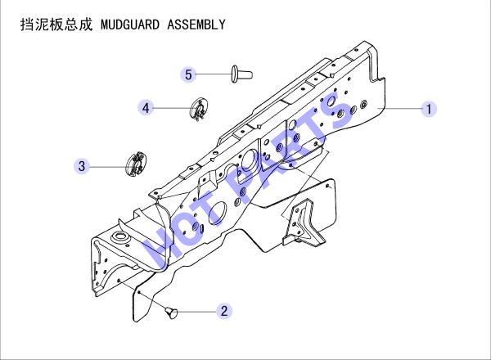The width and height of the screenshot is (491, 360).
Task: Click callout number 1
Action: point(429,109)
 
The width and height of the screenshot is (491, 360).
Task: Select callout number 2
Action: point(224,311)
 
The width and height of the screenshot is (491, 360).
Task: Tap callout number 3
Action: point(82,166)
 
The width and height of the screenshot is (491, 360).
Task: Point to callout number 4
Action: point(146,108)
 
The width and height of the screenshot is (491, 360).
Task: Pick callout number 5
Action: point(188,74)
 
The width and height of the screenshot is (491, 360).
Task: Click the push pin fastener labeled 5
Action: point(241,74)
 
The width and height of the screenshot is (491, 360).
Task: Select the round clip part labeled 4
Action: point(199,110)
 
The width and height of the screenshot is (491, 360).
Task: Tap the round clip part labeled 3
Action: point(136,164)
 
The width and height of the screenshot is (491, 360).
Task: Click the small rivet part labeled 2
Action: point(171,313)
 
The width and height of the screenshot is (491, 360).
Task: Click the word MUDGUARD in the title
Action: point(130,25)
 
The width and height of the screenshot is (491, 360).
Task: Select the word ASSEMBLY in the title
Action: point(196,25)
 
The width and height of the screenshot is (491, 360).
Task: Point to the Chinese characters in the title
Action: point(56,25)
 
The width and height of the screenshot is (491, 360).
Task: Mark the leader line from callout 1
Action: point(400,109)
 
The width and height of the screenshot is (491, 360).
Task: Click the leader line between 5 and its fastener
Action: point(214,74)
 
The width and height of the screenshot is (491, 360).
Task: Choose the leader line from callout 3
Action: point(107,167)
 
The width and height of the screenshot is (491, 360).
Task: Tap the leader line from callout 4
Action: point(172,108)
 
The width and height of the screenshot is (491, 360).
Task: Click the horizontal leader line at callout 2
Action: point(197,312)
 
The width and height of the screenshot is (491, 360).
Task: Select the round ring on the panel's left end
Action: point(120,237)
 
